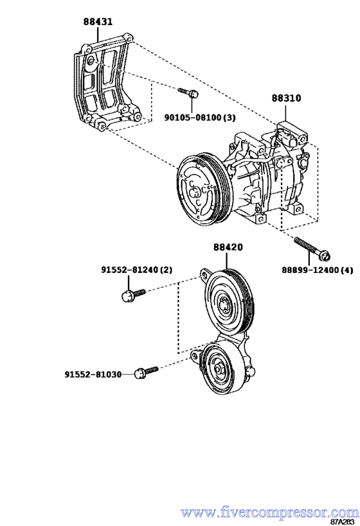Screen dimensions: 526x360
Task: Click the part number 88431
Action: point(98,21)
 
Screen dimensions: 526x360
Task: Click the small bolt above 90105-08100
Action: point(188,92)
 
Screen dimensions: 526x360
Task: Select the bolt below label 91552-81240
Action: point(132,295)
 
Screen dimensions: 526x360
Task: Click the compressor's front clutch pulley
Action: point(200,193)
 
